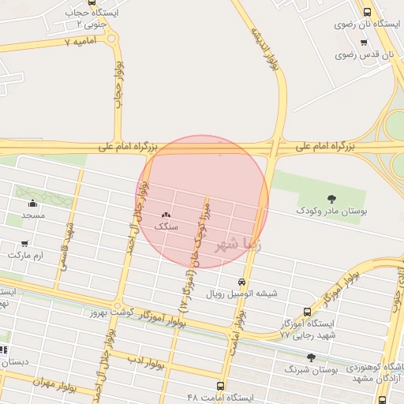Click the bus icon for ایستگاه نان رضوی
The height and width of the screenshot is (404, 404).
point(367,12)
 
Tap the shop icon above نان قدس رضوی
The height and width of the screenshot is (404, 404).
point(363,42)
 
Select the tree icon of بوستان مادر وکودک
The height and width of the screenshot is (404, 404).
point(330,198)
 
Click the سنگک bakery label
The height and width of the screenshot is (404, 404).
point(166,226)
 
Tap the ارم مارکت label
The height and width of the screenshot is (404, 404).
point(26,256)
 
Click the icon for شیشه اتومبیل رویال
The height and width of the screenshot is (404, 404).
point(241,282)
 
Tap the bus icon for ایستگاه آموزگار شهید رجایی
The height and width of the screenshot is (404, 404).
point(307,312)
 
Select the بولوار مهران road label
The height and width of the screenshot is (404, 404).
point(57,380)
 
